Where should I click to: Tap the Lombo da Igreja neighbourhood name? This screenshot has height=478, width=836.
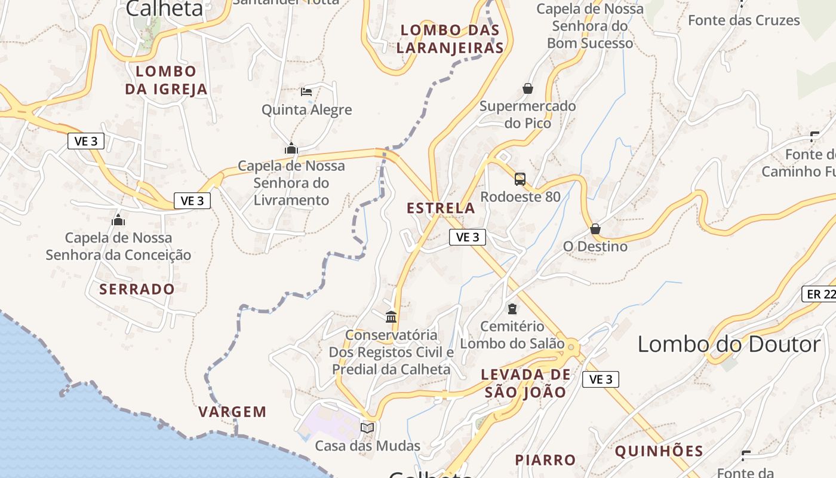click(166, 80)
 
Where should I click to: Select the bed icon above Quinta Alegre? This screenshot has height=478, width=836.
click(306, 92)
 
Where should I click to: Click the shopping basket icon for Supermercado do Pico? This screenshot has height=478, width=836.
click(528, 89)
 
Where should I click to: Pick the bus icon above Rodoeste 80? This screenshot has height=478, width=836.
click(520, 179)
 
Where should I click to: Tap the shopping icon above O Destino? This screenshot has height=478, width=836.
click(595, 229)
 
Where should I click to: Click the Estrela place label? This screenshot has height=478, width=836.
click(441, 209)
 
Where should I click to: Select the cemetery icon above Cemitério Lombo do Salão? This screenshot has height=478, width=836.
click(512, 309)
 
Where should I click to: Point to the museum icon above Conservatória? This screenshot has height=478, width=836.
click(391, 317)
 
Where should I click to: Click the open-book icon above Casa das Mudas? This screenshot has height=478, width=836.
click(367, 428)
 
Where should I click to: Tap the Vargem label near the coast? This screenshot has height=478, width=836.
click(232, 412)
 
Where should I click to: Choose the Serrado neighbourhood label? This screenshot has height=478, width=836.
click(137, 289)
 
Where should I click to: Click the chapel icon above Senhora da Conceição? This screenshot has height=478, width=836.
click(118, 220)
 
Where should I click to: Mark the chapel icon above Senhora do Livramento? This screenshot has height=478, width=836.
click(291, 148)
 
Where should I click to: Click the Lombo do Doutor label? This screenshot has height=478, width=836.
click(729, 345)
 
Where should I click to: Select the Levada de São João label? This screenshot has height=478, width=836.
click(525, 384)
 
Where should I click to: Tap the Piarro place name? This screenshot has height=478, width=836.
click(545, 460)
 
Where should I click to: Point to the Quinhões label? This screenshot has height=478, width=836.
click(659, 451)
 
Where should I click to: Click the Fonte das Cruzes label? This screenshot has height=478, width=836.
click(743, 20)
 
